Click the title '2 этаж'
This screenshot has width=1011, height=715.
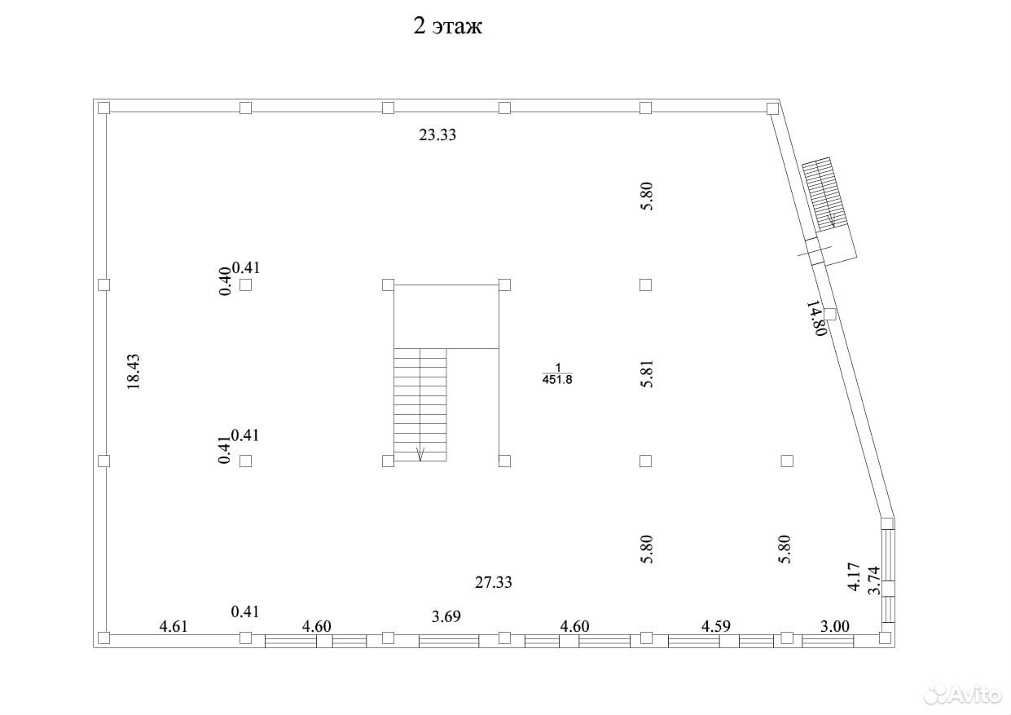click(447, 26)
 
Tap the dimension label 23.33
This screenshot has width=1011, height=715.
click(437, 135)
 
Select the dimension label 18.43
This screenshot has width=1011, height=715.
click(134, 372)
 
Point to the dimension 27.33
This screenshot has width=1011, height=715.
click(494, 583)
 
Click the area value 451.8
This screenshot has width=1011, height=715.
click(557, 380)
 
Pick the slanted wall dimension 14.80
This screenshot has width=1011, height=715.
click(816, 319)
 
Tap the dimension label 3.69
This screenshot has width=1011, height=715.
click(446, 616)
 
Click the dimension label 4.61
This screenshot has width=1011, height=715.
click(174, 626)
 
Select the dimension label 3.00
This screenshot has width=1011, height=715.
click(834, 626)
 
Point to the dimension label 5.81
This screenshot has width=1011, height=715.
click(647, 373)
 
